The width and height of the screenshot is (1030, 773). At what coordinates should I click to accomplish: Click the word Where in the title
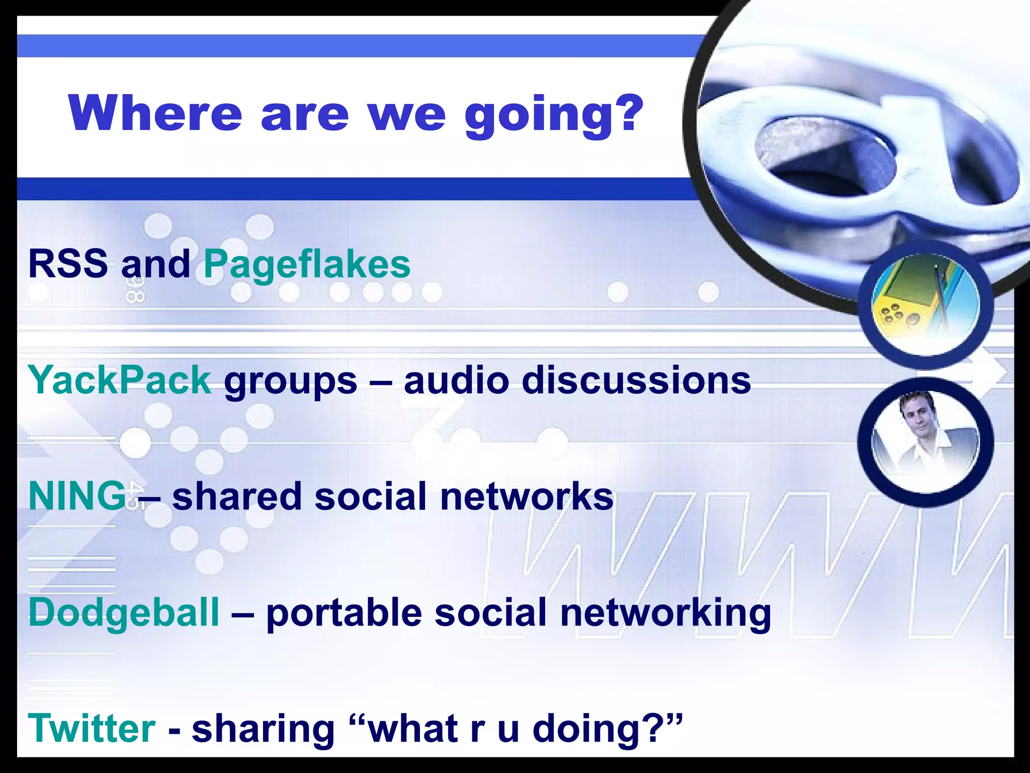pyautogui.click(x=156, y=113)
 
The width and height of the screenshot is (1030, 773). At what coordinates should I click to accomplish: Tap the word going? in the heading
pyautogui.click(x=553, y=116)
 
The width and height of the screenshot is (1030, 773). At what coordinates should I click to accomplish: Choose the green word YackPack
pyautogui.click(x=120, y=380)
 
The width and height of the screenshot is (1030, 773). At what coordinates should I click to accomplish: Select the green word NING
pyautogui.click(x=77, y=496)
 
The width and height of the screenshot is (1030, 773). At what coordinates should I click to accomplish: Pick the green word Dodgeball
pyautogui.click(x=124, y=613)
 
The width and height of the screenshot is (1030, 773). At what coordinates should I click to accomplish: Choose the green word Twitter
pyautogui.click(x=92, y=729)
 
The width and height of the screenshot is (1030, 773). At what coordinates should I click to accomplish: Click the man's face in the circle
pyautogui.click(x=918, y=418)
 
